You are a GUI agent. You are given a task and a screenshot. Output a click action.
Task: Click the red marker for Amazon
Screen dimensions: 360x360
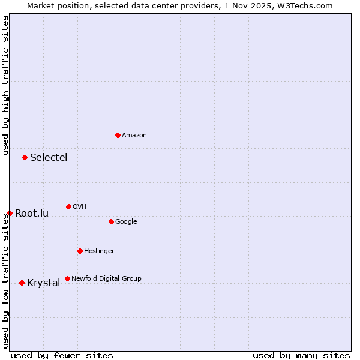click(118, 135)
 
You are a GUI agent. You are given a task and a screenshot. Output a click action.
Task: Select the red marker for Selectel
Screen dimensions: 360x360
click(25, 157)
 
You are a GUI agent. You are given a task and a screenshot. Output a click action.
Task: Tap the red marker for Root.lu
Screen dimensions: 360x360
click(10, 213)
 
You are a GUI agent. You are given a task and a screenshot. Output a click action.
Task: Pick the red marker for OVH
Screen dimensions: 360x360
click(68, 206)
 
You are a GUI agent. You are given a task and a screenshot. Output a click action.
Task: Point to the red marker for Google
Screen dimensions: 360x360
click(111, 221)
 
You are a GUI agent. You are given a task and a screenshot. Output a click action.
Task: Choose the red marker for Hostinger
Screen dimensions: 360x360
click(80, 251)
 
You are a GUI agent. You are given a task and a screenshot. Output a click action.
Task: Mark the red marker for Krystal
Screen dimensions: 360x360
click(22, 283)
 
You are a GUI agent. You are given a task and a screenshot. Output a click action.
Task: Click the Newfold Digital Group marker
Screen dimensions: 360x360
click(67, 278)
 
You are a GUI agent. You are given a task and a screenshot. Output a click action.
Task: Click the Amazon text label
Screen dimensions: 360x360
click(134, 136)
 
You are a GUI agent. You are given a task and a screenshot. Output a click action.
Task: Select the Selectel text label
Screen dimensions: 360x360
click(49, 158)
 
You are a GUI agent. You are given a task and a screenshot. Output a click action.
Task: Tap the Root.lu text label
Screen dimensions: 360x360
click(32, 214)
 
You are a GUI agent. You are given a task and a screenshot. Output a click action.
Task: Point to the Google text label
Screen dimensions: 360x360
click(126, 222)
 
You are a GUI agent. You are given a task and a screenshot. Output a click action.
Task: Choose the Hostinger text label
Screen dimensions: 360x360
click(99, 251)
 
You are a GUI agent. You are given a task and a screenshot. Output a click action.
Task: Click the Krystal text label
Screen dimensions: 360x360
click(44, 283)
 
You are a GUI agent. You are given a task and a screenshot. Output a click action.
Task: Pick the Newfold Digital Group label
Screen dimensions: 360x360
click(106, 279)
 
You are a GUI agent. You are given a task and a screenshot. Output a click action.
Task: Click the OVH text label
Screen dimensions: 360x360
click(80, 207)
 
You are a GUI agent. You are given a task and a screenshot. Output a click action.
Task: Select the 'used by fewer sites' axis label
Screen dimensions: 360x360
click(62, 355)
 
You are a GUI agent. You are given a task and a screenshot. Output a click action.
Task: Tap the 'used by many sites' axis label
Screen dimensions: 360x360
click(301, 355)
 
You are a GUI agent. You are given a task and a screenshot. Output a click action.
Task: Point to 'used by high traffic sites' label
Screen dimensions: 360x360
click(5, 85)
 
